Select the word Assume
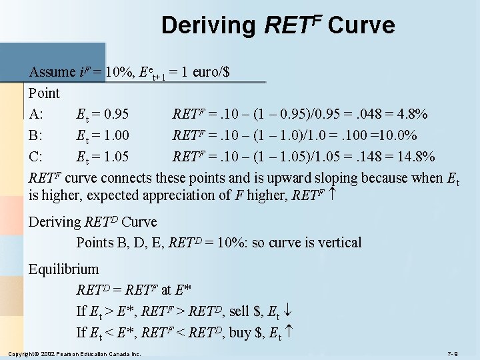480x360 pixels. [x=53, y=72]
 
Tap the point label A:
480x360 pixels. [x=37, y=114]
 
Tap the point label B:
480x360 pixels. [x=37, y=135]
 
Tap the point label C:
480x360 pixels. [x=37, y=157]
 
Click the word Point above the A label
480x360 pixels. [x=44, y=93]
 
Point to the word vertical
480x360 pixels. [x=338, y=242]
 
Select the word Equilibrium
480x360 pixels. [x=63, y=269]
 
